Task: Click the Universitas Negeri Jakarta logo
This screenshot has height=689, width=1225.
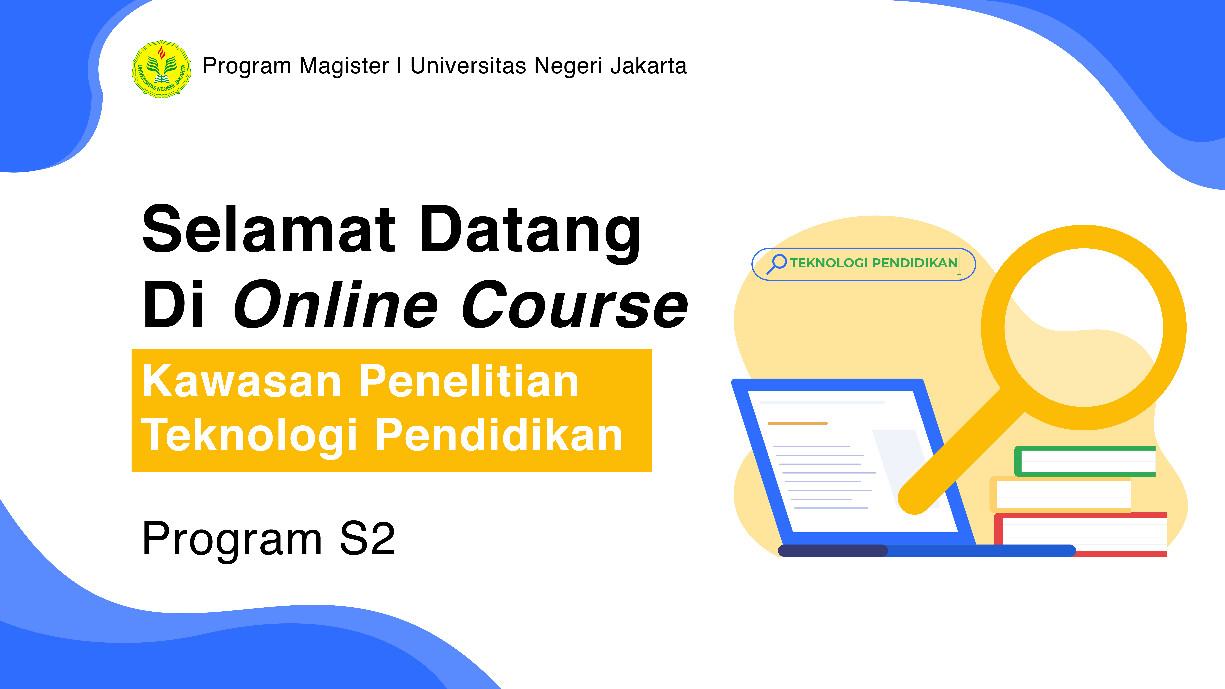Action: [162, 69]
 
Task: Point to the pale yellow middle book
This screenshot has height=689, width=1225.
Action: [1060, 495]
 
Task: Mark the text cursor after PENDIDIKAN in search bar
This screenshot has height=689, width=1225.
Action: [959, 264]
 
